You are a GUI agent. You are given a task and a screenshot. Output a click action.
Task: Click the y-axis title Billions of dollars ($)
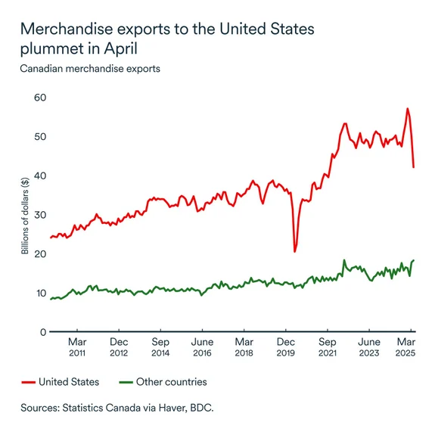click(25, 215)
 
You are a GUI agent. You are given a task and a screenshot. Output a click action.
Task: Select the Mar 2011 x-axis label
click(76, 346)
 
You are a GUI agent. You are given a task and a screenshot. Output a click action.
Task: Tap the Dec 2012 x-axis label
click(118, 346)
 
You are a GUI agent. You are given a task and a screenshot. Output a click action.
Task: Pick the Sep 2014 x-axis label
click(160, 346)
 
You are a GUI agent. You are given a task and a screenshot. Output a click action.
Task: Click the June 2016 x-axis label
click(202, 346)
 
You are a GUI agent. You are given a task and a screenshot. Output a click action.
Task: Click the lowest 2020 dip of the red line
click(294, 251)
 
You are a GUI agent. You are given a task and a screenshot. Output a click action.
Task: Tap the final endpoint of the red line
click(413, 167)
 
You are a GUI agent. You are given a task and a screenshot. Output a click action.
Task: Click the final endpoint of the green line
click(414, 260)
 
